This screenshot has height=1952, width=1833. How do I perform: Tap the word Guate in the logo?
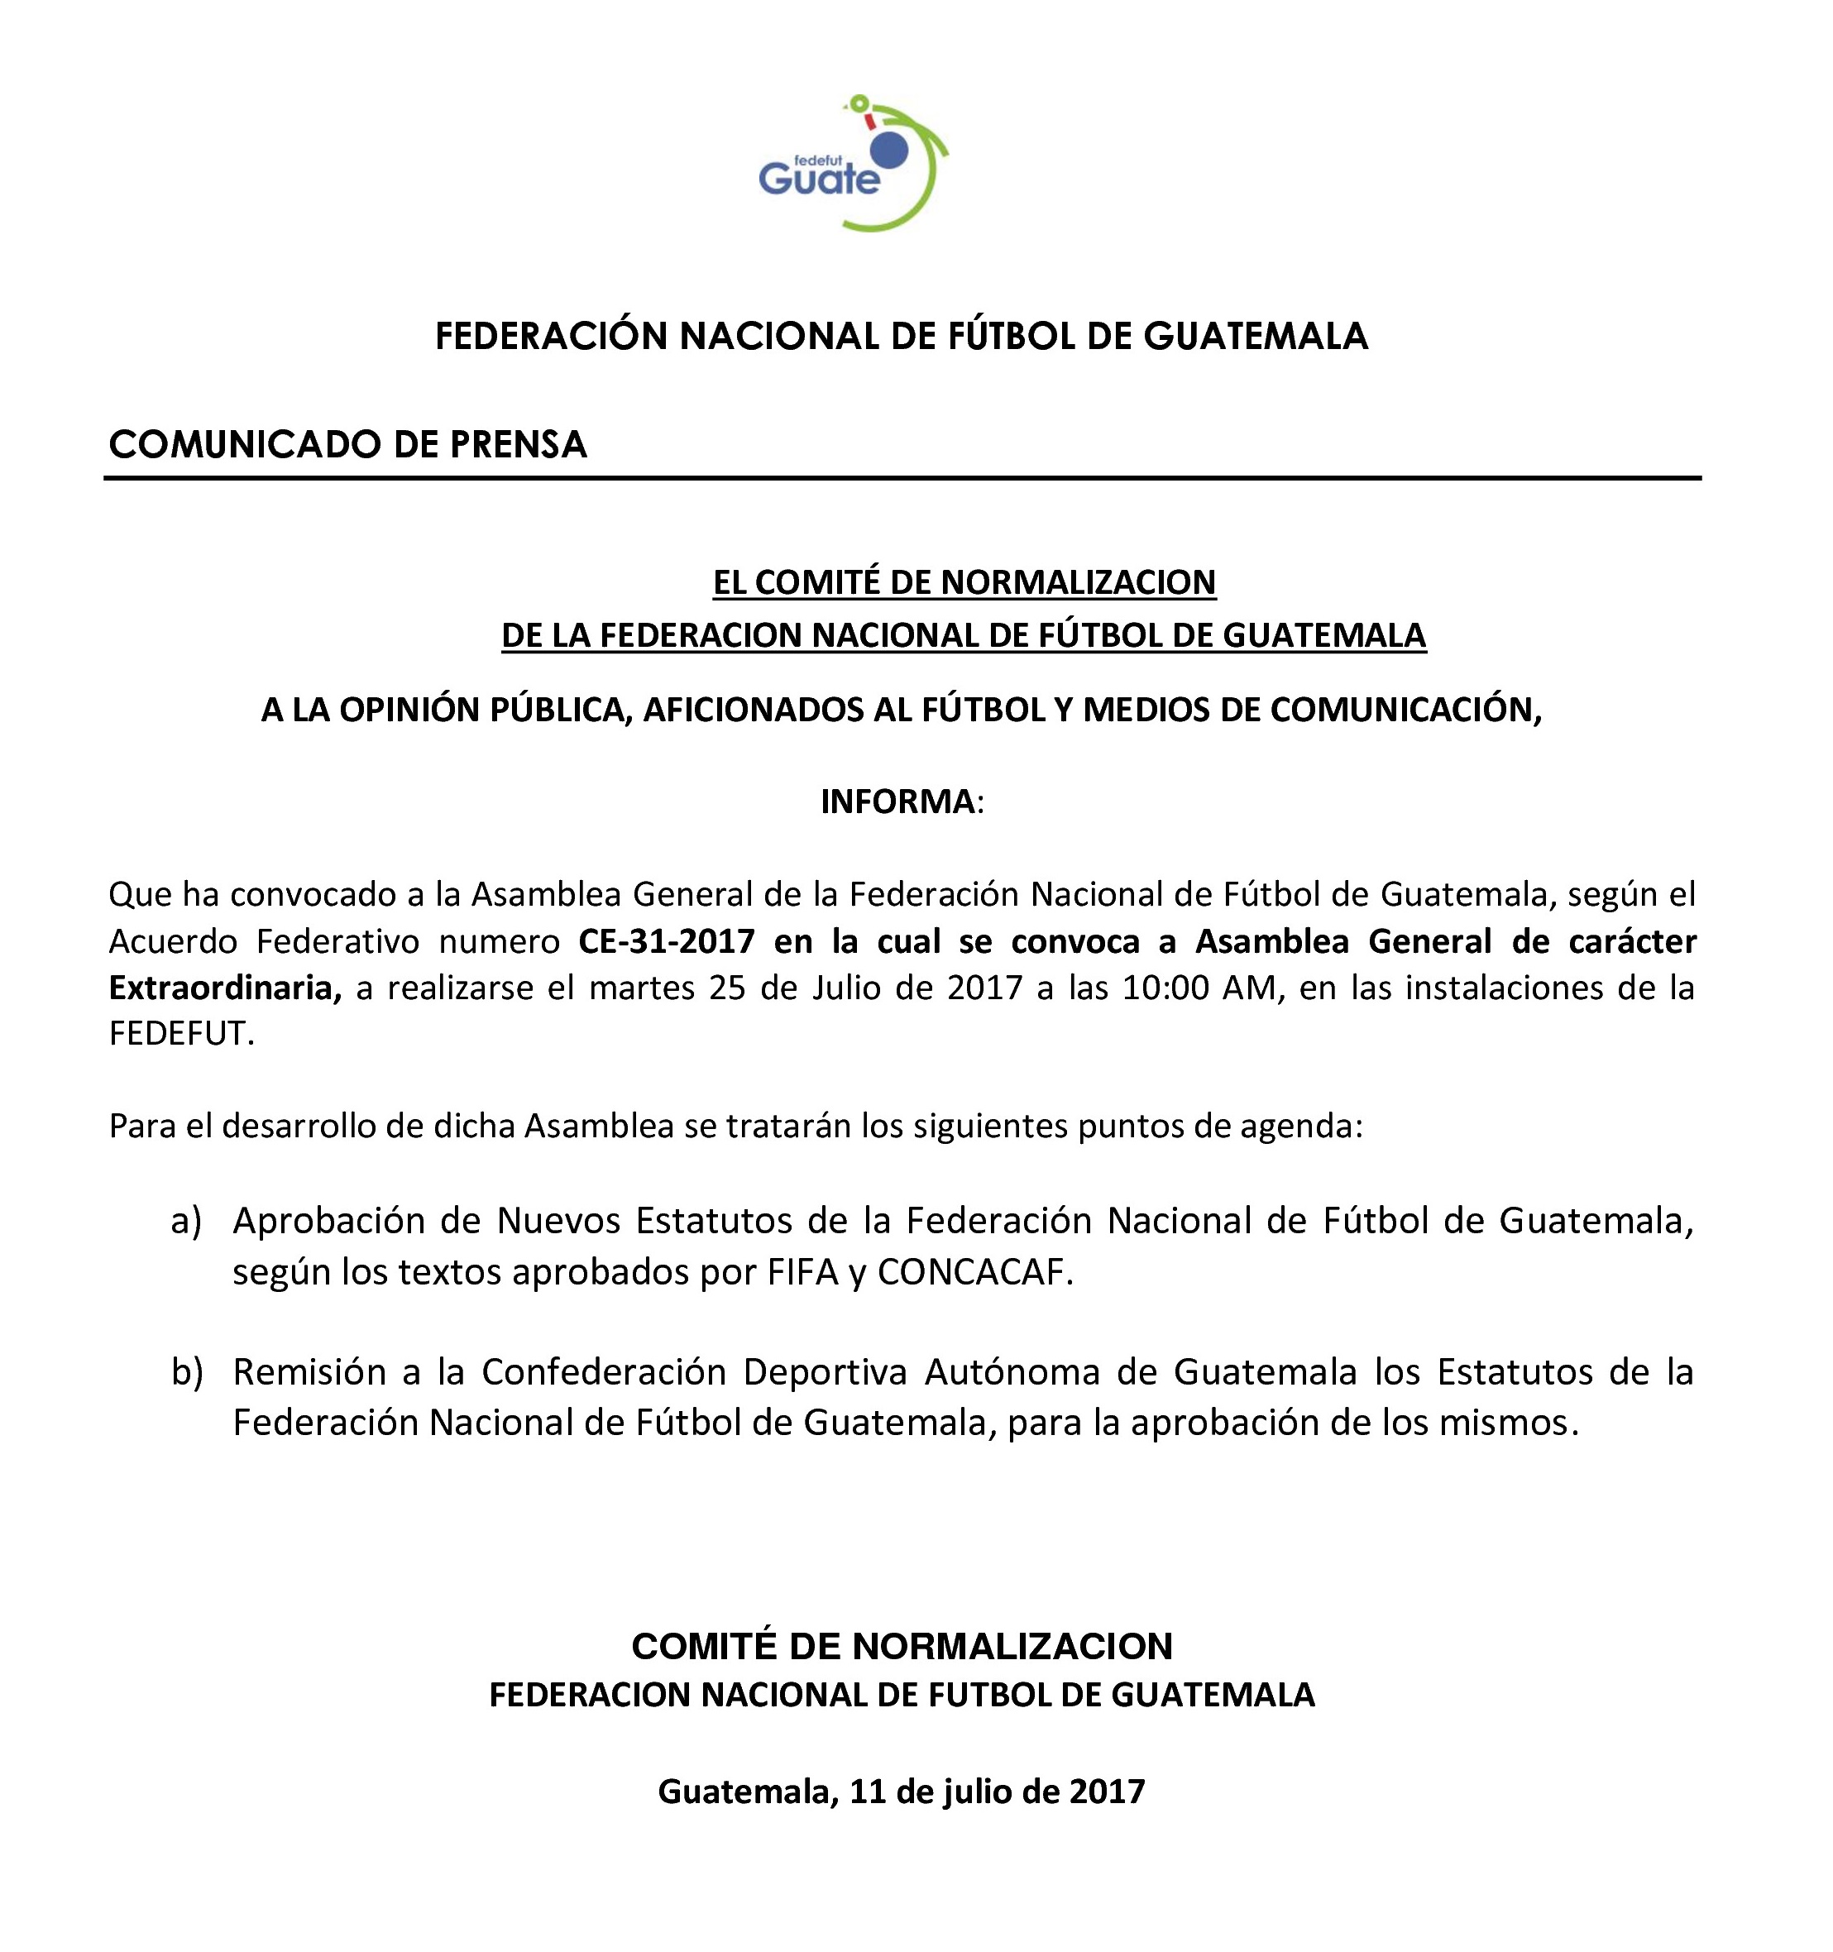[x=819, y=179]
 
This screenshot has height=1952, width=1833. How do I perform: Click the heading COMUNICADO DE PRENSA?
[x=347, y=445]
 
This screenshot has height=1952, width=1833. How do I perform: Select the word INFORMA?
[x=897, y=801]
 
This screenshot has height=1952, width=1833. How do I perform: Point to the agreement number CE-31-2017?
[x=667, y=940]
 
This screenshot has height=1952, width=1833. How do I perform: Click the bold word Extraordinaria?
[x=225, y=987]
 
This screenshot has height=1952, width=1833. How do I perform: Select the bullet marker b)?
[x=187, y=1371]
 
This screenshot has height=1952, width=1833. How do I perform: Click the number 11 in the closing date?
[x=868, y=1791]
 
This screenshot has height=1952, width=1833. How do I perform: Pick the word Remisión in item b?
[x=309, y=1371]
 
